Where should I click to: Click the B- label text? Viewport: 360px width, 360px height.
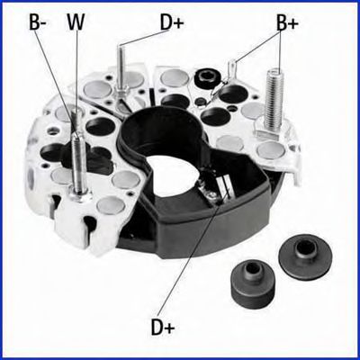pos(38,22)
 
